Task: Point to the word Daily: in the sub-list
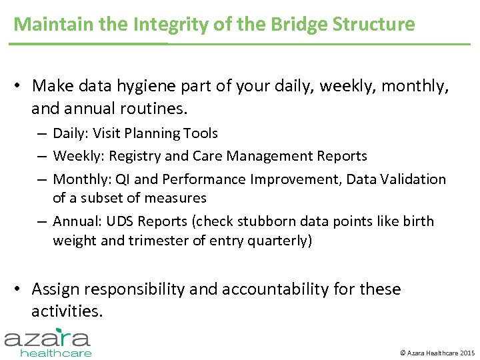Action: pos(71,133)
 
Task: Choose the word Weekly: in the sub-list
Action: pos(78,156)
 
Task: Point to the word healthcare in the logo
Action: pos(56,353)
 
